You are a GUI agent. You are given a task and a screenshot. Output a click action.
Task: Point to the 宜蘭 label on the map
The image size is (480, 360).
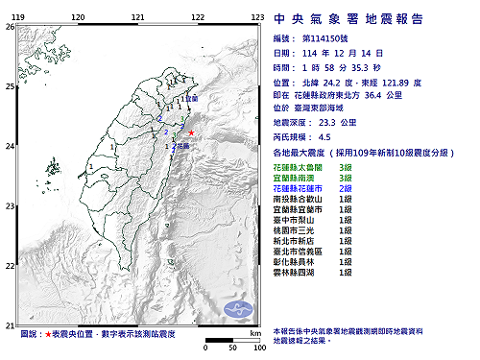click(x=189, y=99)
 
